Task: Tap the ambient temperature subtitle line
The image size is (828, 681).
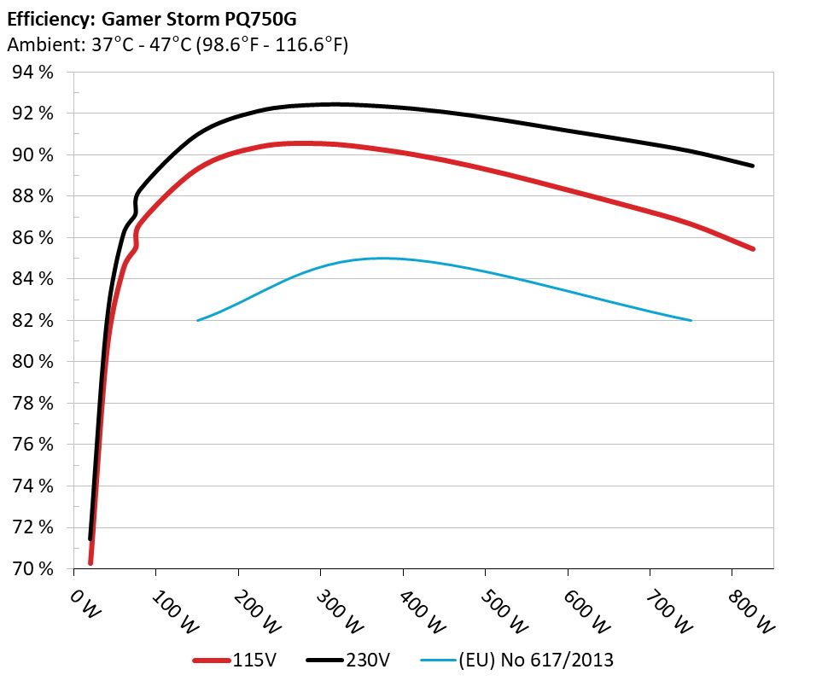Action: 178,45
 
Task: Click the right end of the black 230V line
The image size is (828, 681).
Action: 753,166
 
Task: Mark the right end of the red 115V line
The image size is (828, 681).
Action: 753,249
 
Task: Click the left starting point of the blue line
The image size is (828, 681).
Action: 198,321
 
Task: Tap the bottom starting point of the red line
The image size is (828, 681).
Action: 90,563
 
